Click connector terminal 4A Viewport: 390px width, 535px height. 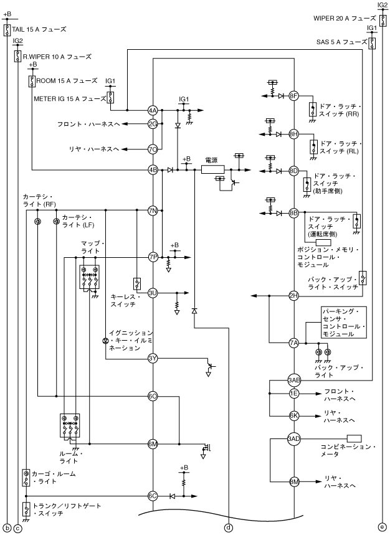pyautogui.click(x=153, y=110)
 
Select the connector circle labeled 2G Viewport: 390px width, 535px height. pyautogui.click(x=153, y=124)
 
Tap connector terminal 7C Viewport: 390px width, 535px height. pyautogui.click(x=153, y=149)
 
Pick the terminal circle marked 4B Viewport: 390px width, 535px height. pyautogui.click(x=153, y=169)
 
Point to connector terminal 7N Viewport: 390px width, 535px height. pyautogui.click(x=153, y=211)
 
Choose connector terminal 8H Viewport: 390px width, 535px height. pyautogui.click(x=294, y=134)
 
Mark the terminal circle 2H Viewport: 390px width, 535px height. pyautogui.click(x=294, y=295)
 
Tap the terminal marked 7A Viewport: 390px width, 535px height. pyautogui.click(x=294, y=343)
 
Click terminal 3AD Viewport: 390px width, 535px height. pyautogui.click(x=294, y=438)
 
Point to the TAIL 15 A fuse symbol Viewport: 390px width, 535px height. pyautogui.click(x=7, y=30)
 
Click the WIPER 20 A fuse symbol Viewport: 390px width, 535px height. pyautogui.click(x=382, y=19)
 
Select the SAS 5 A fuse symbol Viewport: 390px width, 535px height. pyautogui.click(x=372, y=42)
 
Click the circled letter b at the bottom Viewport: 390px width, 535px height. pyautogui.click(x=7, y=528)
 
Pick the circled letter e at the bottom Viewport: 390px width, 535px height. pyautogui.click(x=382, y=528)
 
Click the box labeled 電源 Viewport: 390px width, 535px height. pyautogui.click(x=210, y=169)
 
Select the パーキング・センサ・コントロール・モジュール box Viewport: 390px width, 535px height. pyautogui.click(x=343, y=323)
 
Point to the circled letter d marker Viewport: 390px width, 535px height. pyautogui.click(x=229, y=528)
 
